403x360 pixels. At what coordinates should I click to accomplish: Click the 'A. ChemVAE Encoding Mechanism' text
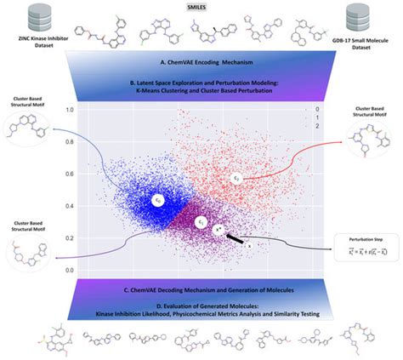(201, 63)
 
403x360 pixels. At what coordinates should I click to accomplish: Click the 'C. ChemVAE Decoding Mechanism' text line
(201, 292)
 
